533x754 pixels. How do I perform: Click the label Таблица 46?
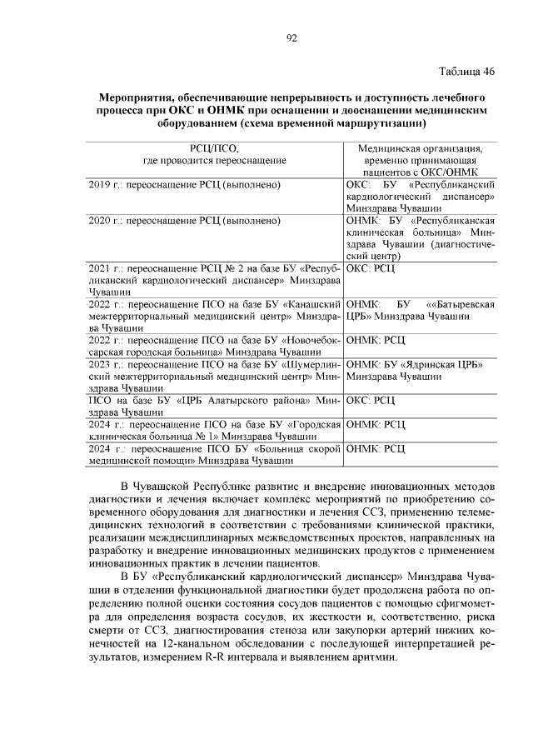466,72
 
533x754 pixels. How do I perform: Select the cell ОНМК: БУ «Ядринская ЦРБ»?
415,364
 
